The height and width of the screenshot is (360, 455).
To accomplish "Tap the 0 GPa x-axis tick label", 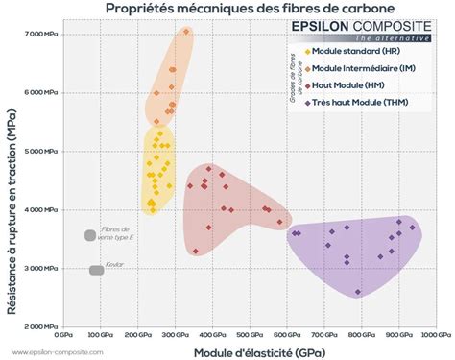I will click(63, 335).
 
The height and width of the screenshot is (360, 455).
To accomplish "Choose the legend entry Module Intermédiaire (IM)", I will click(354, 68).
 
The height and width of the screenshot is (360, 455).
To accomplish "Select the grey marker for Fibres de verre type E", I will click(90, 235).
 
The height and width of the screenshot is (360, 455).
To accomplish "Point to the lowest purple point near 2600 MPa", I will click(358, 292).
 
